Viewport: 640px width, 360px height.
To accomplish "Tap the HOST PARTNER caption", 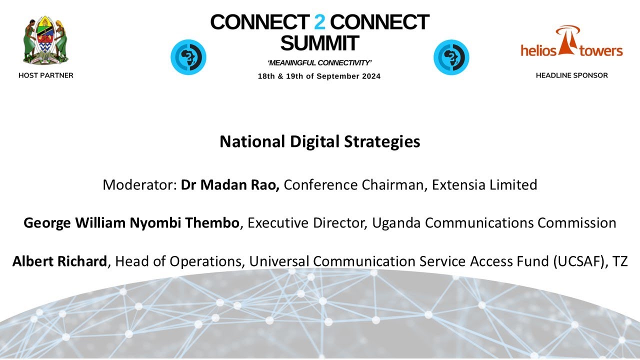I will pyautogui.click(x=45, y=75).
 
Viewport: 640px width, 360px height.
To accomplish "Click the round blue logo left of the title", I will pyautogui.click(x=188, y=57).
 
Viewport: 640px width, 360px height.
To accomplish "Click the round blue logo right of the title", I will pyautogui.click(x=451, y=57).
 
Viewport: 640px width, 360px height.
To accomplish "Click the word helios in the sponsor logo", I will pyautogui.click(x=538, y=50).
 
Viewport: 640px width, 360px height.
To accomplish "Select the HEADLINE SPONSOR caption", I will pyautogui.click(x=571, y=75).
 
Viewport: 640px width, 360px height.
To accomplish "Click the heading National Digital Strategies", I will pyautogui.click(x=319, y=142).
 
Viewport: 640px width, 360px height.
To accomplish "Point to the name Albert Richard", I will pyautogui.click(x=60, y=261).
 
